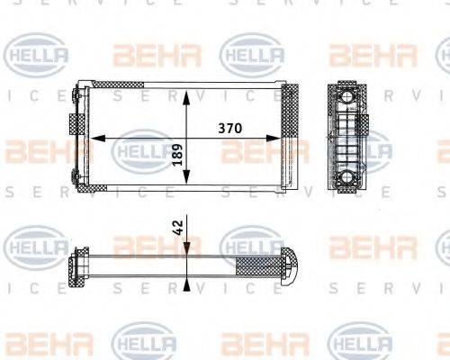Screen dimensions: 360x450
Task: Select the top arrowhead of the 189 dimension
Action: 186,94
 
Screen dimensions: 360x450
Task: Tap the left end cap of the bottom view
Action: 76,265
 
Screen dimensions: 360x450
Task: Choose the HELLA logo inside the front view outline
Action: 141,148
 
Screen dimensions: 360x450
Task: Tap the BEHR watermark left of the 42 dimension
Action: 144,245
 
